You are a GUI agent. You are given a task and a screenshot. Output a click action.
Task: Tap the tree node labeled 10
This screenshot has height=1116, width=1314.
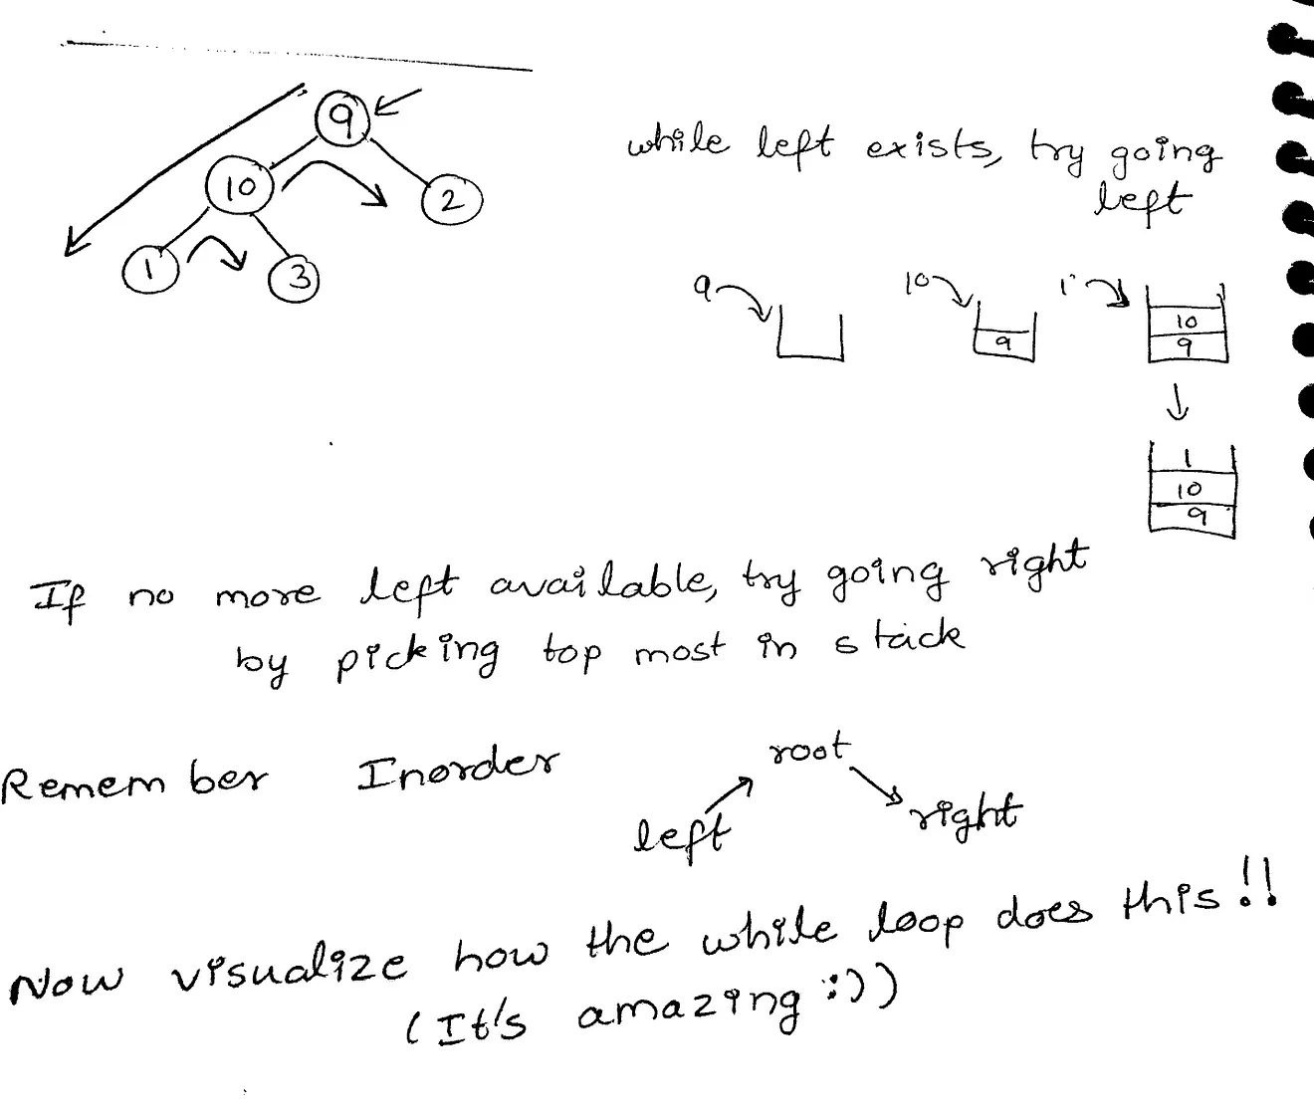[239, 186]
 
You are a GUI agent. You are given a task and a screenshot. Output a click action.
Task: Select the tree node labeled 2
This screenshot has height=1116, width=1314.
[451, 200]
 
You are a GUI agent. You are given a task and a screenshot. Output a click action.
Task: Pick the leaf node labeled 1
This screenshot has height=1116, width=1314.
[149, 270]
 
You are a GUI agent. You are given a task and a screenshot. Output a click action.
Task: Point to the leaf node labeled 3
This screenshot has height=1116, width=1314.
[295, 278]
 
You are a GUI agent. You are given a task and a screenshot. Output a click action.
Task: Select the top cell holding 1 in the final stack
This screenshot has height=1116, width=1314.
[1192, 459]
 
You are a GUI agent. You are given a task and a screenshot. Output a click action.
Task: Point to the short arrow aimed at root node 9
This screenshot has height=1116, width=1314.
[397, 103]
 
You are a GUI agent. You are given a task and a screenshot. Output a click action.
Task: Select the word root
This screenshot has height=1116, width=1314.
[809, 748]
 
